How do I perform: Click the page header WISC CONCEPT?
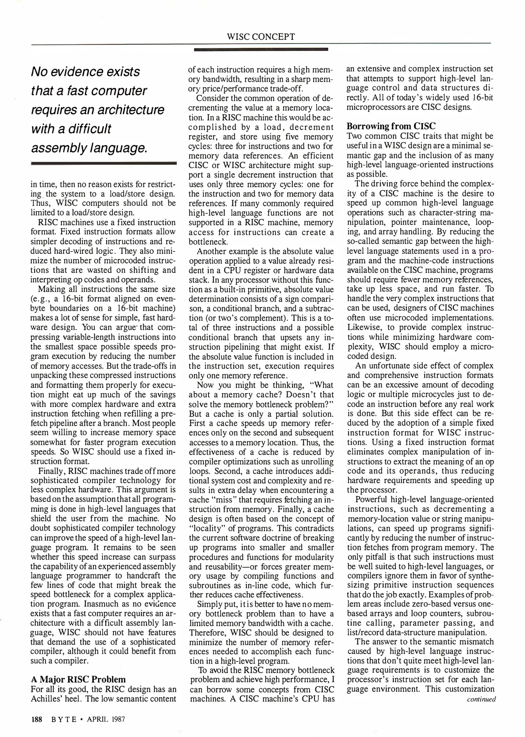[x=261, y=37]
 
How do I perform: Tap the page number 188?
[x=37, y=719]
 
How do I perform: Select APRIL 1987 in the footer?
[x=106, y=719]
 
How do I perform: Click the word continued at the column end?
[x=481, y=699]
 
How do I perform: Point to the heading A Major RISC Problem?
[x=78, y=679]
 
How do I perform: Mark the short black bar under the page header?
[x=261, y=50]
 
